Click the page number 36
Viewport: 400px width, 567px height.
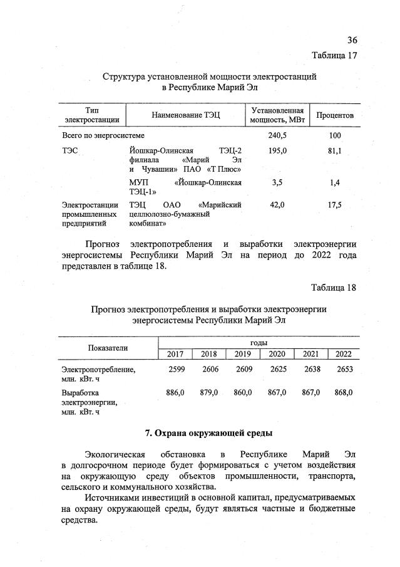pyautogui.click(x=352, y=40)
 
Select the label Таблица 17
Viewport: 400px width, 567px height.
pyautogui.click(x=334, y=55)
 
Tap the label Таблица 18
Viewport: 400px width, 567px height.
pyautogui.click(x=334, y=288)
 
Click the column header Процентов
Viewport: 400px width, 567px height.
pyautogui.click(x=335, y=115)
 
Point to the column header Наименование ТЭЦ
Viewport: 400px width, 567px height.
pyautogui.click(x=186, y=115)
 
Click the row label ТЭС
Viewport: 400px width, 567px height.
pyautogui.click(x=71, y=151)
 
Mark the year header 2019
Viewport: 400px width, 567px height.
pyautogui.click(x=242, y=355)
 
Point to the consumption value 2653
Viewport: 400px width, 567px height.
pyautogui.click(x=344, y=370)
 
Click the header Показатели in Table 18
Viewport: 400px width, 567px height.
pyautogui.click(x=108, y=348)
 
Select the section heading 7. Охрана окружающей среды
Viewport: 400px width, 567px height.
pyautogui.click(x=208, y=433)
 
